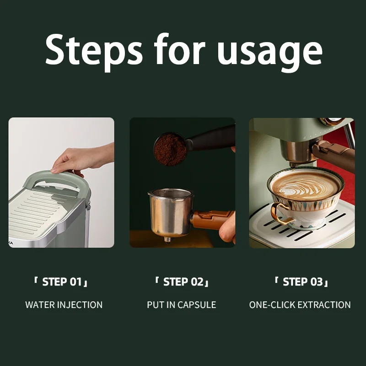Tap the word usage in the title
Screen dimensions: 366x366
click(x=269, y=53)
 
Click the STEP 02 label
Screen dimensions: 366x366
click(x=182, y=282)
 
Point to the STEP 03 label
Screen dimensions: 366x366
click(x=301, y=282)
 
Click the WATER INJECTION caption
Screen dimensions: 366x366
click(x=64, y=305)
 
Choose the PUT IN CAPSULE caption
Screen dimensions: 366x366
click(x=181, y=305)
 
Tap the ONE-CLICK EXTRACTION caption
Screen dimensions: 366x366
click(x=300, y=305)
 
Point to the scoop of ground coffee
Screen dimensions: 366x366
click(x=170, y=149)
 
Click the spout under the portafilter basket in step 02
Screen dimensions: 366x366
click(x=167, y=240)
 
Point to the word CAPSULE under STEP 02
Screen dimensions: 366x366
click(x=197, y=305)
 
